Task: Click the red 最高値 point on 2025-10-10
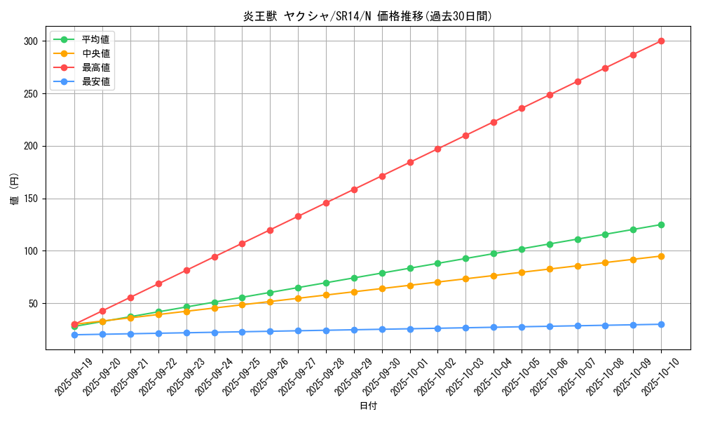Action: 661,41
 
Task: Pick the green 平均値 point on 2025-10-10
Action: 661,225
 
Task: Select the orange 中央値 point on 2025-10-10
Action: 661,256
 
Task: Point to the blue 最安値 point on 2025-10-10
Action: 661,324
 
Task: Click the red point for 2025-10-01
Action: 410,162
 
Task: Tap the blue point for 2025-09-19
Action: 74,335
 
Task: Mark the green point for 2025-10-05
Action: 522,249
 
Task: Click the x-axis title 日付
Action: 368,406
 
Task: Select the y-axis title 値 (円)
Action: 15,189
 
